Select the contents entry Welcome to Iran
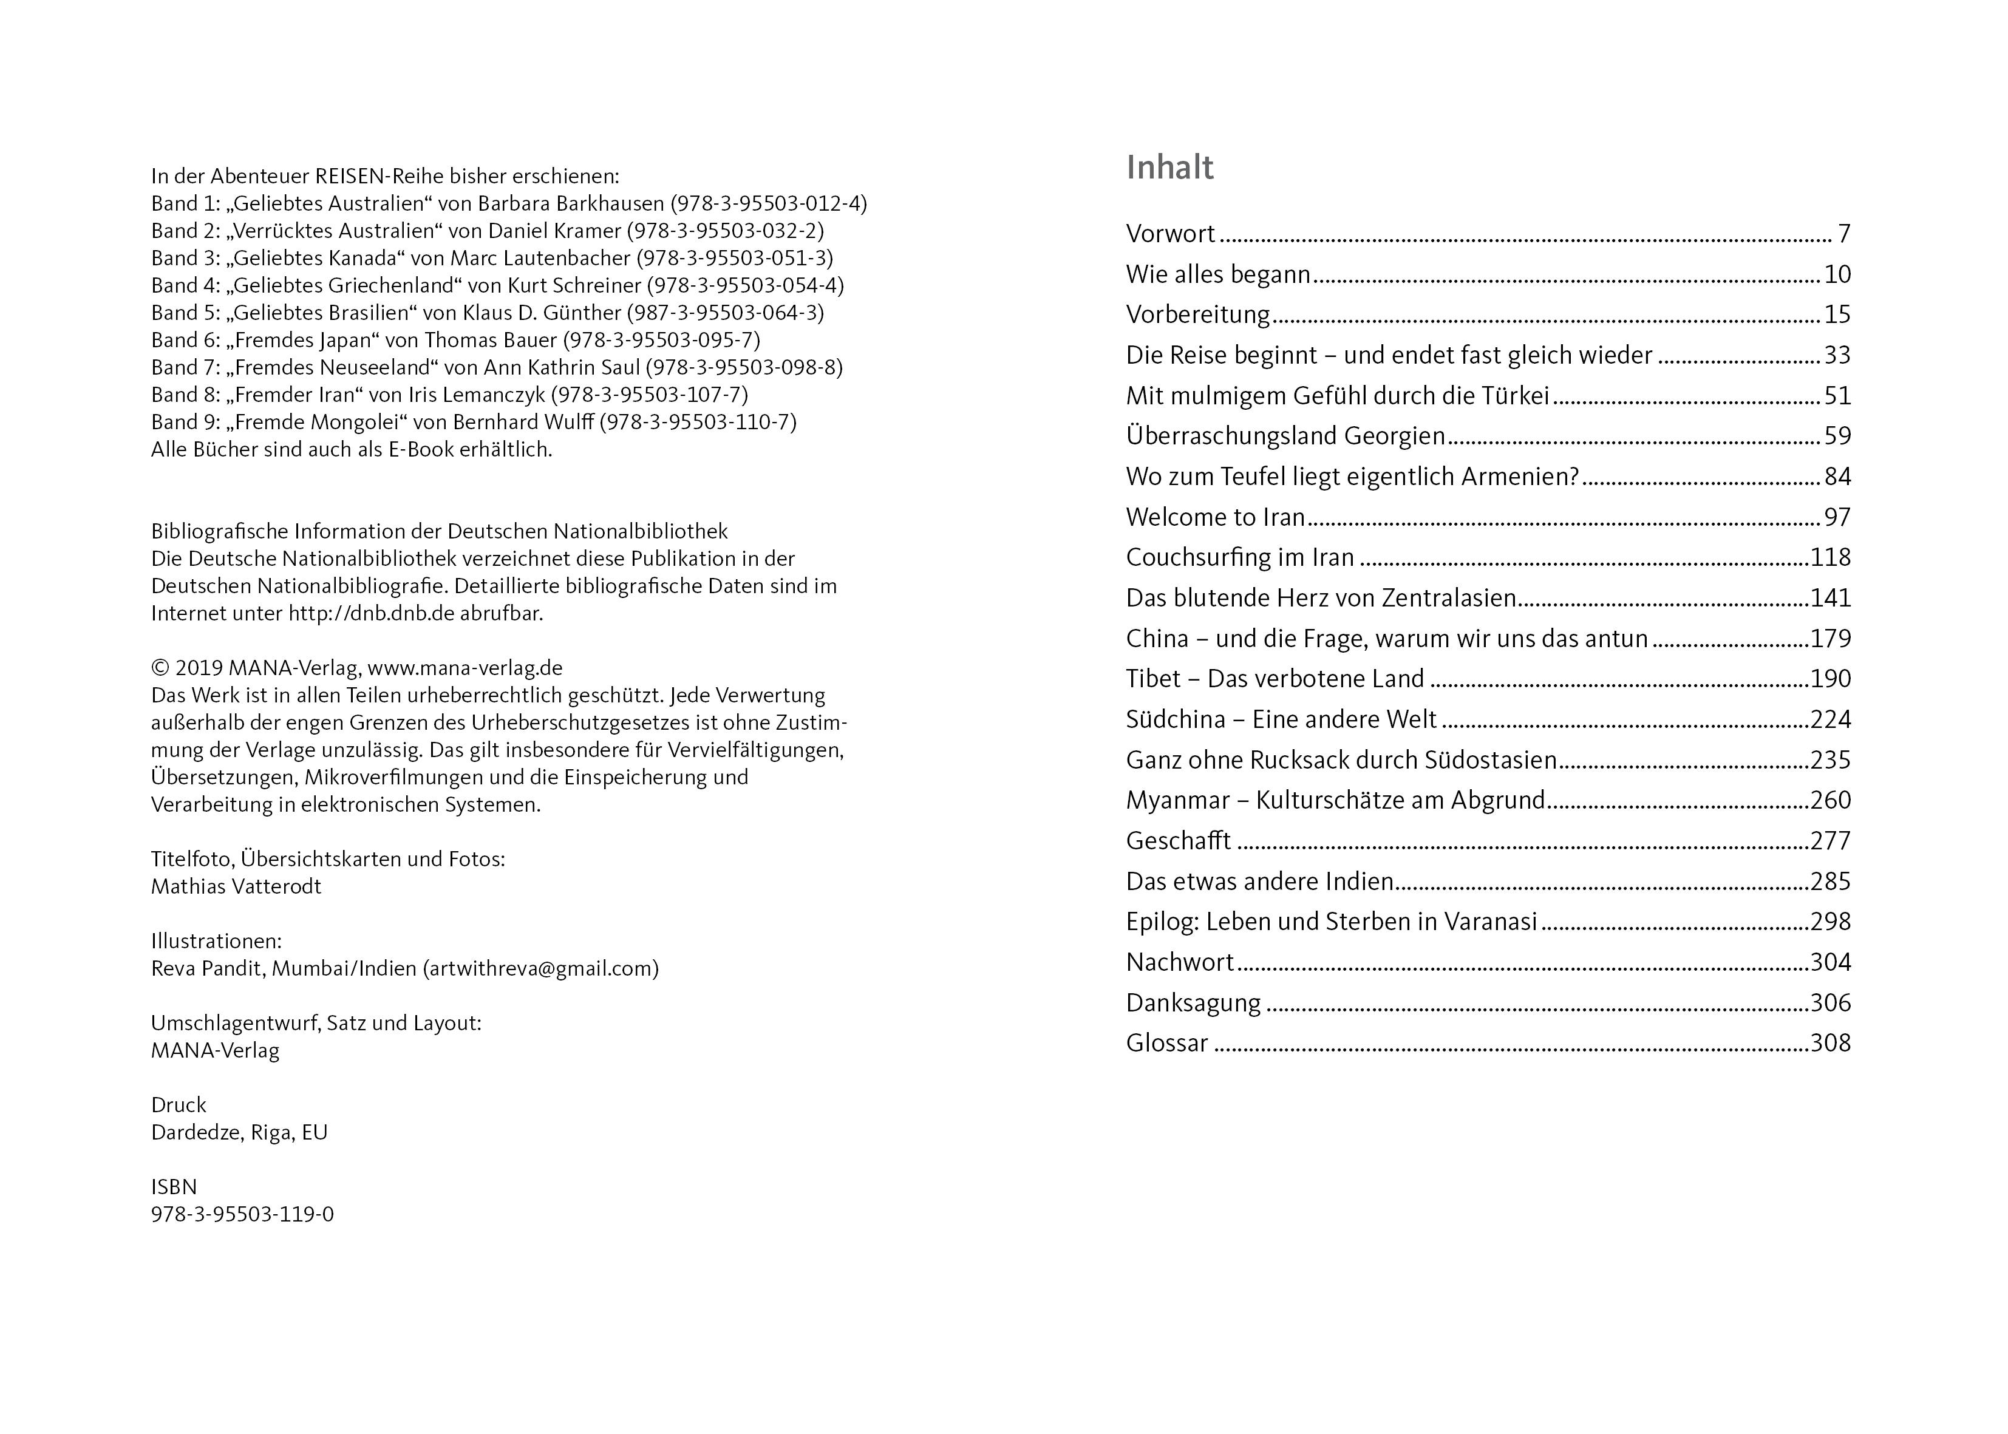click(x=1215, y=517)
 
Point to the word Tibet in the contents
click(x=1152, y=679)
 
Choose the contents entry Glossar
click(x=1166, y=1044)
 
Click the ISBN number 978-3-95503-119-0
click(x=243, y=1215)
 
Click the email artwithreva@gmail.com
click(x=540, y=969)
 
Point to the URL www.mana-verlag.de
click(x=465, y=668)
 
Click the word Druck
click(x=179, y=1106)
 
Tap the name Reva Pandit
click(x=206, y=969)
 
